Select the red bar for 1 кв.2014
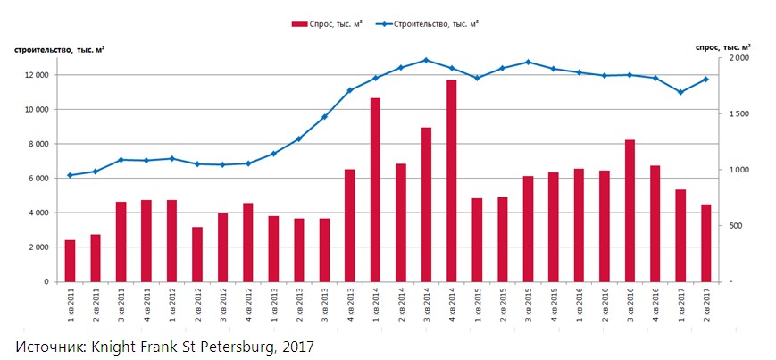click(x=375, y=190)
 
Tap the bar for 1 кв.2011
click(x=70, y=261)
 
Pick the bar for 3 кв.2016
click(x=630, y=211)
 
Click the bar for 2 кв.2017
click(x=706, y=243)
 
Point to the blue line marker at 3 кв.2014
click(x=426, y=60)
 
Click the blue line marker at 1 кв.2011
click(x=70, y=175)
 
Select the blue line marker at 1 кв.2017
click(x=680, y=92)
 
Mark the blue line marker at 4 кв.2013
click(x=349, y=90)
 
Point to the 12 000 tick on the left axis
click(x=37, y=75)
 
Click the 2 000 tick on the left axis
click(x=39, y=247)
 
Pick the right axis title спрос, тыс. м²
click(x=722, y=46)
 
